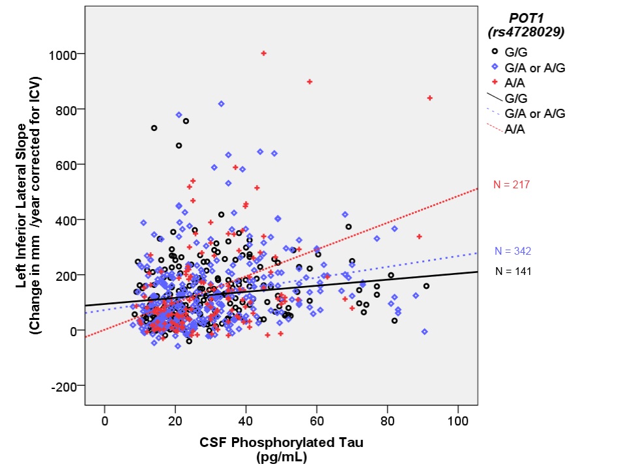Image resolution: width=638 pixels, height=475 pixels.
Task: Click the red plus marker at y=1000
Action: click(263, 53)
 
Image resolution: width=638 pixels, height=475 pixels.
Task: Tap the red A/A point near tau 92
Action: click(429, 98)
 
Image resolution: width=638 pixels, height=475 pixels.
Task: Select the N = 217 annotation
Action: click(512, 185)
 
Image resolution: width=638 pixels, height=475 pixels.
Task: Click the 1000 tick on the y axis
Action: click(63, 53)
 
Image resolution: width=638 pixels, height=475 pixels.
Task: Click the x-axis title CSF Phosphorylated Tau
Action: click(281, 442)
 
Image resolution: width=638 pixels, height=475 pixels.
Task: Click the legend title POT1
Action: click(526, 18)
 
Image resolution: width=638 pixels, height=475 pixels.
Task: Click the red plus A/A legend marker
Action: click(495, 81)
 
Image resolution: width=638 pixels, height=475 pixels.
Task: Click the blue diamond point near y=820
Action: click(221, 104)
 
